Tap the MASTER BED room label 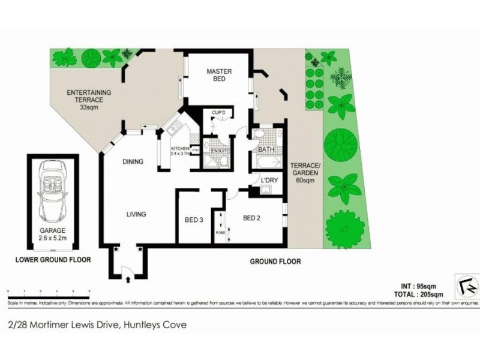click(x=219, y=76)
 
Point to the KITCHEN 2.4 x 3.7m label click(x=180, y=151)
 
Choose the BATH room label click(x=266, y=150)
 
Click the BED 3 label click(x=194, y=220)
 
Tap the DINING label click(x=133, y=161)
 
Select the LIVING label click(x=137, y=214)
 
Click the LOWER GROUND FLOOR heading click(x=53, y=260)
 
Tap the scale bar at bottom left click(x=48, y=291)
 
